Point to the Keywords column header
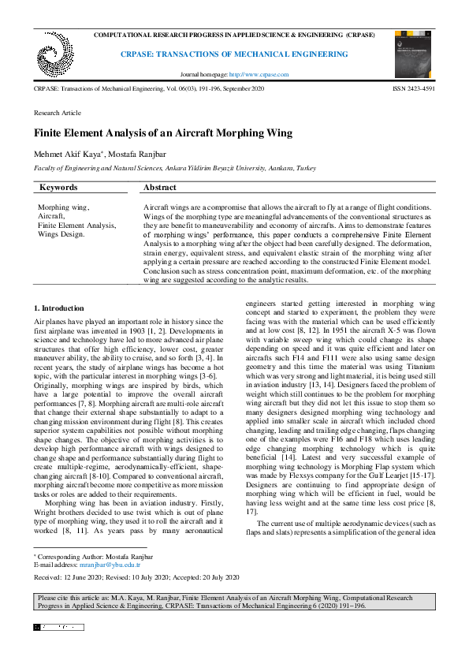[x=58, y=188]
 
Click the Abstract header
[x=160, y=188]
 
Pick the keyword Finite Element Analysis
[x=76, y=225]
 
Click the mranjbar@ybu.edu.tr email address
[x=115, y=565]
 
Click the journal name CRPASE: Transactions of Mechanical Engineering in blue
[x=233, y=54]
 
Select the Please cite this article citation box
[x=234, y=602]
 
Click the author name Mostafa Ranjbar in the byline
[x=139, y=154]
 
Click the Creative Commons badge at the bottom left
[x=57, y=628]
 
